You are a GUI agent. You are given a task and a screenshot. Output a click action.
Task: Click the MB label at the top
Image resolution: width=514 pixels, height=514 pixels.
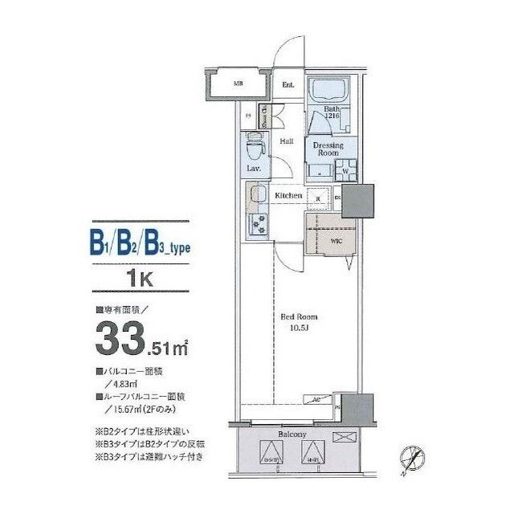(238, 84)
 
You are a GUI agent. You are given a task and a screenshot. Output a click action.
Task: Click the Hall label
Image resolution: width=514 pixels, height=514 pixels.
(286, 142)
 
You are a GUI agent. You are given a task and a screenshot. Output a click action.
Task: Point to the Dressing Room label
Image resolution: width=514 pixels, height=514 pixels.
(328, 149)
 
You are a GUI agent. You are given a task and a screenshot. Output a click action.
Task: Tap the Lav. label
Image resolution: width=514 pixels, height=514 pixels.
(252, 170)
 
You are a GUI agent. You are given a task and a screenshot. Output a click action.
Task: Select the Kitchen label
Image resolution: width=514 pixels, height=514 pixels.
(288, 195)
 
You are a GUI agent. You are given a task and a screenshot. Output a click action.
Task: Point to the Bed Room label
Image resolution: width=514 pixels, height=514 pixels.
(296, 316)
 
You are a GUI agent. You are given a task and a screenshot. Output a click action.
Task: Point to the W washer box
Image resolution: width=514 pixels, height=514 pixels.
(345, 171)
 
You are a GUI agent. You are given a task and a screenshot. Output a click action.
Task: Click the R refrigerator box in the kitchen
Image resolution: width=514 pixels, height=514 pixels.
(319, 197)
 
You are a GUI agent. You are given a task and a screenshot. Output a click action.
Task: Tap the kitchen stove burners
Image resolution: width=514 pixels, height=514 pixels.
(260, 224)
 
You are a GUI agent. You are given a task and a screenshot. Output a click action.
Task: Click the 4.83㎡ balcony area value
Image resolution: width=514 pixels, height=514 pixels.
(120, 383)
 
